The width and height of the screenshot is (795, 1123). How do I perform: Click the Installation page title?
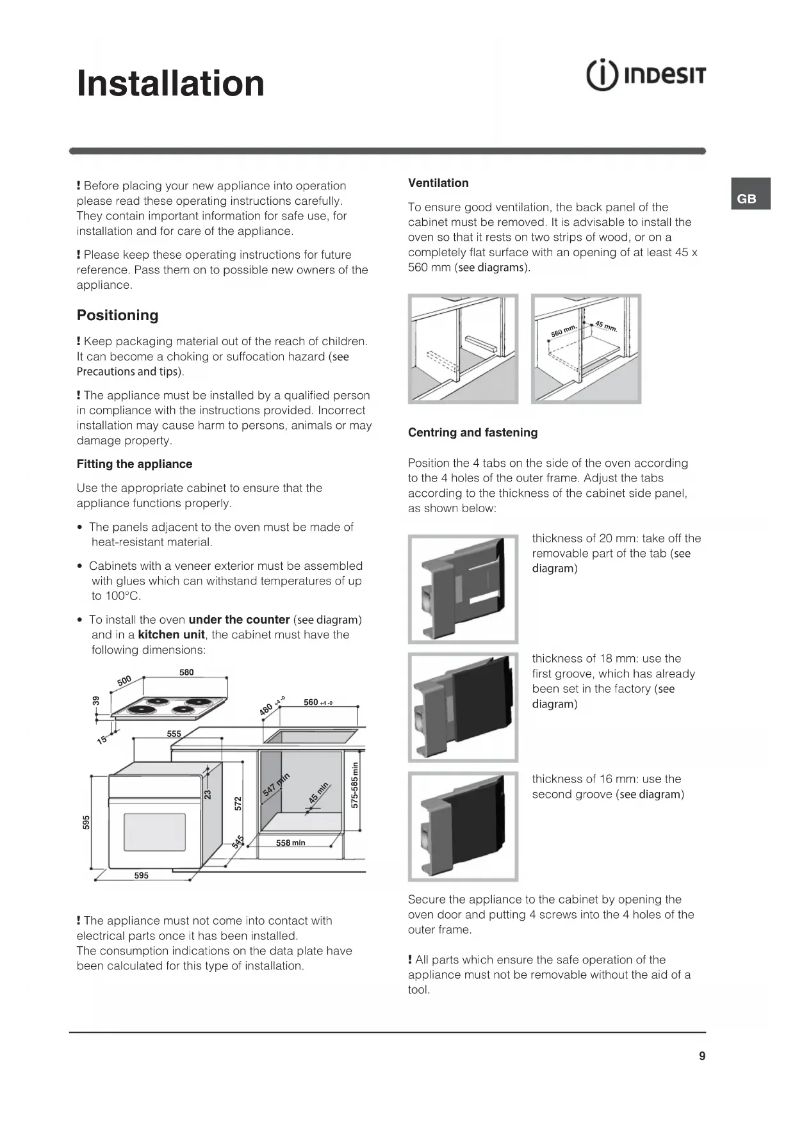tap(170, 84)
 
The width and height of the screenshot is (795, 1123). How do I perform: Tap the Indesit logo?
tap(646, 76)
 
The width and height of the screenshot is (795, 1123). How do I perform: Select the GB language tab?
tap(746, 198)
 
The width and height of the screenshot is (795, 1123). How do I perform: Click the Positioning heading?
tap(117, 315)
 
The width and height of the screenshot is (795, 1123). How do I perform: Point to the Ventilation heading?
tap(438, 183)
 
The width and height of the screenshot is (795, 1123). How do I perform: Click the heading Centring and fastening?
tap(473, 433)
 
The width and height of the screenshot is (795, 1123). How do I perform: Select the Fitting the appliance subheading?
tap(135, 464)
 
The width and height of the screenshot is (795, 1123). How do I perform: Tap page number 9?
tap(702, 1056)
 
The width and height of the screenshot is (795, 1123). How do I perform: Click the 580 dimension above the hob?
tap(186, 672)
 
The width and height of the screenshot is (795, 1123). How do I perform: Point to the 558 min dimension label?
tap(290, 843)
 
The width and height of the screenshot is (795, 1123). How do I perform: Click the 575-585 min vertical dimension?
tap(355, 784)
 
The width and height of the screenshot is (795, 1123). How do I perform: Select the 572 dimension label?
tap(238, 803)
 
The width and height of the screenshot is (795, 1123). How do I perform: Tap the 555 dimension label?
tap(174, 734)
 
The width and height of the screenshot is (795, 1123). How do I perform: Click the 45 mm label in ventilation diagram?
tap(606, 327)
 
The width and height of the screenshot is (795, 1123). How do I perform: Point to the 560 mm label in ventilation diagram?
tap(564, 330)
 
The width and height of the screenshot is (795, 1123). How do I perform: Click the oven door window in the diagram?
tap(154, 833)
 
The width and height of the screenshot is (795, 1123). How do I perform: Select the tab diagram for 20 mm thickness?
tap(463, 589)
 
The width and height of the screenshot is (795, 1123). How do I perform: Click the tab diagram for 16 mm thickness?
tap(463, 827)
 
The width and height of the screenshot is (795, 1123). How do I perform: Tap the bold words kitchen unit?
tap(172, 635)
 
